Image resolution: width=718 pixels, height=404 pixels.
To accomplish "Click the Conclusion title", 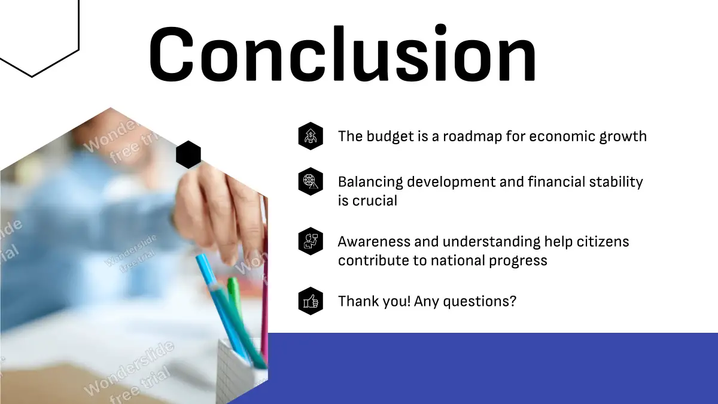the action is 342,53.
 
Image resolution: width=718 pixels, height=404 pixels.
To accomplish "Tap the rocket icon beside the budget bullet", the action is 311,136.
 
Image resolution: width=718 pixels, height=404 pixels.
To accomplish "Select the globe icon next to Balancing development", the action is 311,181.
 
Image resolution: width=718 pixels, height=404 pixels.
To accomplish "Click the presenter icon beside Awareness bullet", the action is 311,241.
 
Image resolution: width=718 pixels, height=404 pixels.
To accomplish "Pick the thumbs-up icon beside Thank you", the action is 311,301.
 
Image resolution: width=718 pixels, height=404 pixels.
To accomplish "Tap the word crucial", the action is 375,201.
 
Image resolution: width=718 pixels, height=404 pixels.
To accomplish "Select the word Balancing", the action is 370,182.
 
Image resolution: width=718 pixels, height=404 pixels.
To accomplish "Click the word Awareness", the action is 374,242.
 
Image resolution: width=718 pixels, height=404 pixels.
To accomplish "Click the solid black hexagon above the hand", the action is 188,154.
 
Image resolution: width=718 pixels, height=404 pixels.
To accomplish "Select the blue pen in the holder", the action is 221,308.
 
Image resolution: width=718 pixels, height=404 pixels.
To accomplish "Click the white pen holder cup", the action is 242,369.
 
